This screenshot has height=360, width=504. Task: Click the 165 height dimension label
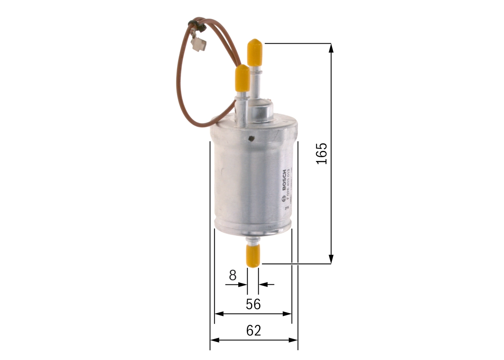click(x=322, y=153)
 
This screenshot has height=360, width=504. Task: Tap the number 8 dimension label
click(x=233, y=275)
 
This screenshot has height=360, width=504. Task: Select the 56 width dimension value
click(x=253, y=304)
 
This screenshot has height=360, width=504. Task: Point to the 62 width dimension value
click(x=254, y=330)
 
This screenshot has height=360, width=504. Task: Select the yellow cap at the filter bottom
click(x=253, y=255)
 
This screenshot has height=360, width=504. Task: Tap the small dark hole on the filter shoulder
click(x=251, y=138)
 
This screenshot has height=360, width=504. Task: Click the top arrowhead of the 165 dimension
click(x=331, y=48)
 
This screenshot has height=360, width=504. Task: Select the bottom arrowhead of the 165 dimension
click(x=331, y=259)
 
